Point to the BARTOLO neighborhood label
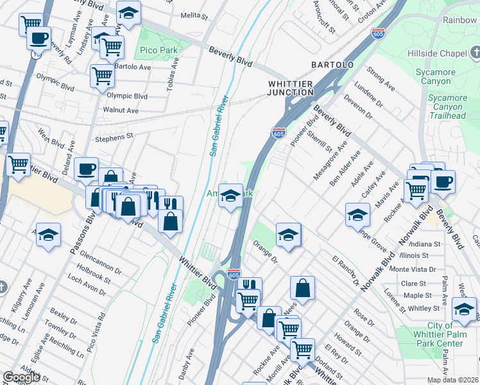tap(332, 65)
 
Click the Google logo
tap(21, 377)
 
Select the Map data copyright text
tap(452, 380)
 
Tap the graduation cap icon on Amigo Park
tap(230, 196)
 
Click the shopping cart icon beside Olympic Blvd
tap(102, 76)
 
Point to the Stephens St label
tap(114, 136)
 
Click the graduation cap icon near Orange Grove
tap(357, 215)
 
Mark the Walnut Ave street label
tap(121, 110)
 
